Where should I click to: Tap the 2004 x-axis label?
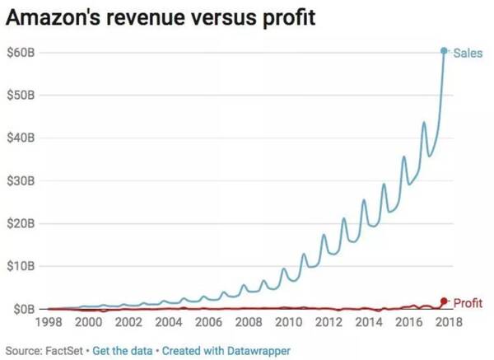[170, 323]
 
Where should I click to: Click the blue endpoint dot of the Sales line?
[445, 51]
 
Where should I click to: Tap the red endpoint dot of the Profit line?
[445, 302]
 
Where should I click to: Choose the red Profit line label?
[468, 302]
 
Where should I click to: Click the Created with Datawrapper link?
[226, 351]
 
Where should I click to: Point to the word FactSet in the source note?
[67, 351]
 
